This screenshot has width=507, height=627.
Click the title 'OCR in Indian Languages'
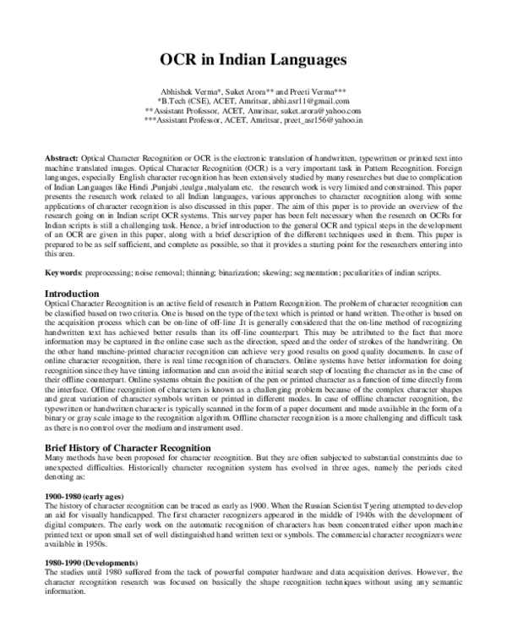pyautogui.click(x=253, y=61)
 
